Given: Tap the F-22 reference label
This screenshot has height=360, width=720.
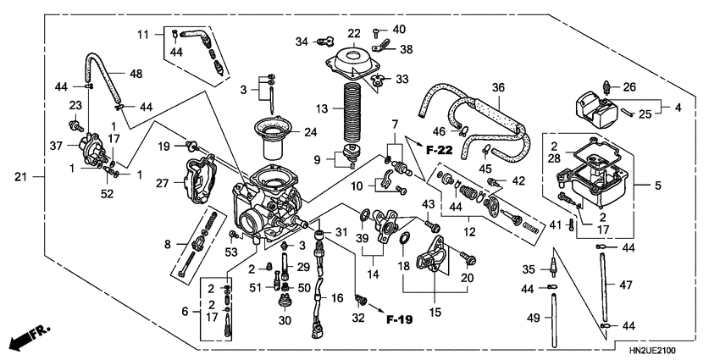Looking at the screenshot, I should pyautogui.click(x=439, y=150).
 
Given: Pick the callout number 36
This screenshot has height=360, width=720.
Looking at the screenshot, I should pyautogui.click(x=498, y=87).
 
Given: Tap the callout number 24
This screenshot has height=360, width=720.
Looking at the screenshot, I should pyautogui.click(x=310, y=132).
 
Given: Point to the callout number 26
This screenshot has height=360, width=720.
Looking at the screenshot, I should pyautogui.click(x=629, y=86).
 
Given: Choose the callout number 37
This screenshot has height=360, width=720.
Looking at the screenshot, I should pyautogui.click(x=56, y=145).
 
